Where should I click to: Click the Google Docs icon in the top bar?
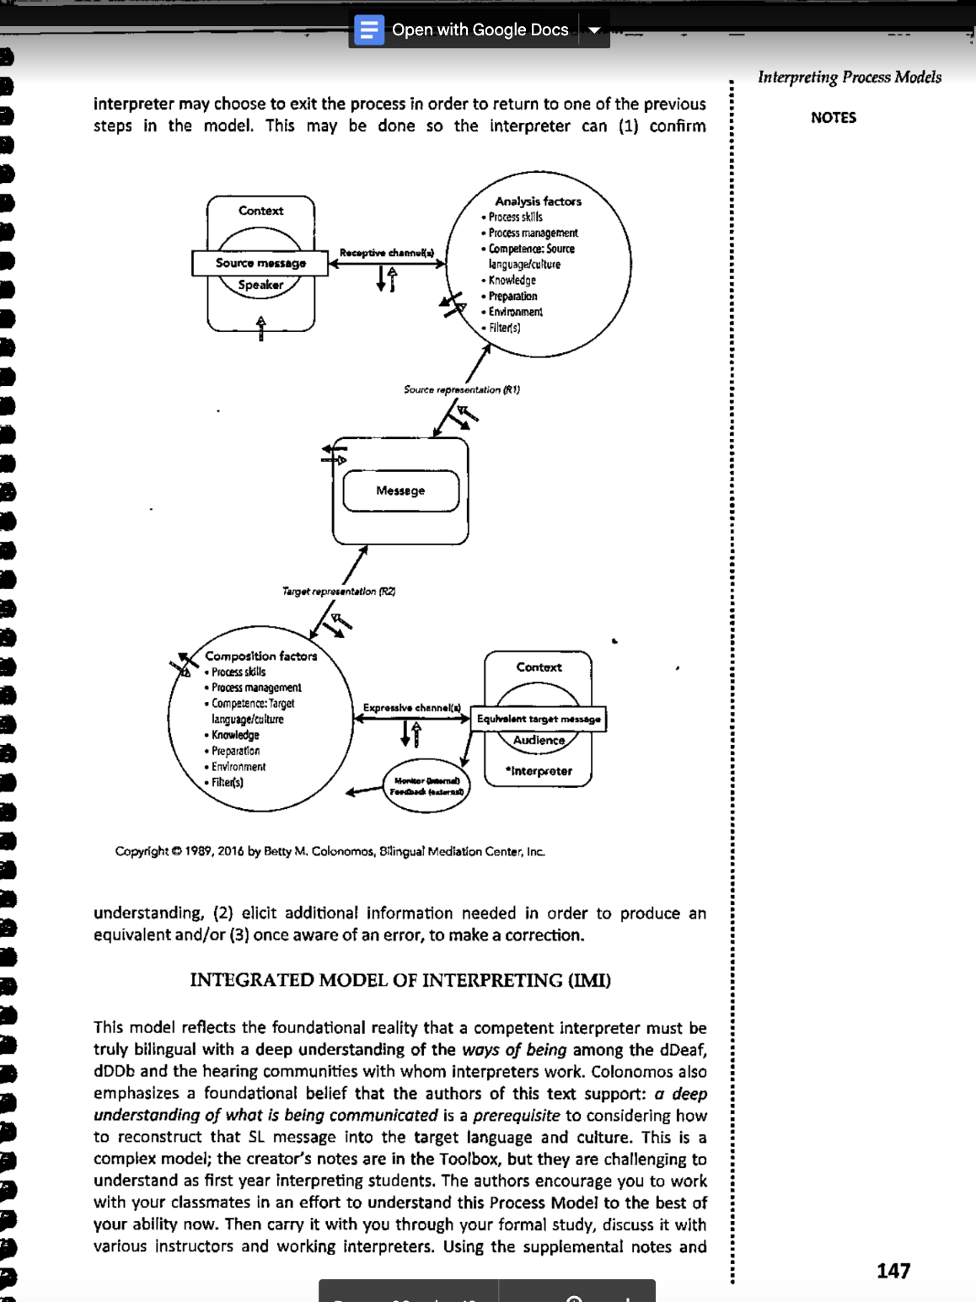point(368,30)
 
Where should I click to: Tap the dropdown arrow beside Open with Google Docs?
point(594,30)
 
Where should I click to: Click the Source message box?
point(260,263)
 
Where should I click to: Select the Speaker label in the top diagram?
point(260,285)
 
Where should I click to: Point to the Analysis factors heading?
point(538,201)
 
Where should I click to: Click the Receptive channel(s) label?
point(387,253)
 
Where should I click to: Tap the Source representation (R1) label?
point(461,389)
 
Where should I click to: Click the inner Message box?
point(400,490)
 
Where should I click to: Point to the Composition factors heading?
point(261,656)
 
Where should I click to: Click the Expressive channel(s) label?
point(412,708)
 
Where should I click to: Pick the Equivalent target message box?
point(539,719)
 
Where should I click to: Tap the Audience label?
point(539,740)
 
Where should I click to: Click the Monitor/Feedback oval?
point(426,786)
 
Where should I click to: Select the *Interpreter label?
point(539,771)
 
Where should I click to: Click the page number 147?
point(893,1271)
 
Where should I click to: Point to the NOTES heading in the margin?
point(834,118)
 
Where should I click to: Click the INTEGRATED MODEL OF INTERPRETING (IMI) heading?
point(400,980)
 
